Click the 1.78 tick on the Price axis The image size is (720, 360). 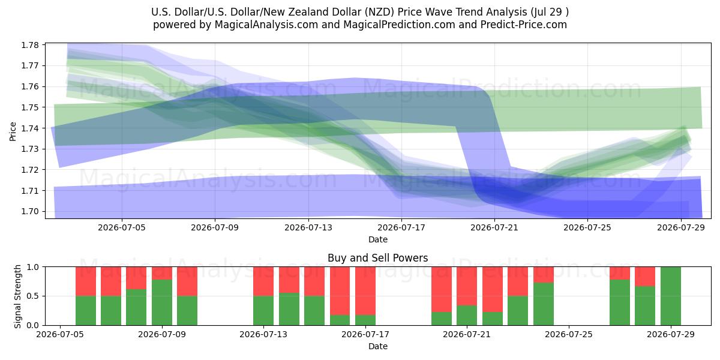pos(30,45)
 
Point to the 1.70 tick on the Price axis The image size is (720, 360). pos(30,211)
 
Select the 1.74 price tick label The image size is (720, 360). pos(30,128)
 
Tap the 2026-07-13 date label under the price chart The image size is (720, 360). pos(308,227)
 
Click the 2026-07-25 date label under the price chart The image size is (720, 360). pos(587,227)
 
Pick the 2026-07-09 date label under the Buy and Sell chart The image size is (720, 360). pos(162,335)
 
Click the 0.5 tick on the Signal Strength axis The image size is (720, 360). pos(33,296)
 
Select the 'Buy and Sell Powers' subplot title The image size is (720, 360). pos(377,258)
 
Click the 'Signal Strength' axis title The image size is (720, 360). pos(17,296)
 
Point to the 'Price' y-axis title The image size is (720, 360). pos(13,131)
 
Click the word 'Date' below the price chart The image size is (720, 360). pos(378,239)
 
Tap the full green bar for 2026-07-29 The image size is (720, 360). pos(671,296)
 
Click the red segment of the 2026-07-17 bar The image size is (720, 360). pos(365,291)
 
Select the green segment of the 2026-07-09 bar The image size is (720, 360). pos(162,302)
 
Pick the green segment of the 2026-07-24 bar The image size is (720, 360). pos(544,304)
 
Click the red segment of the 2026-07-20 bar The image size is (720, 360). pos(442,290)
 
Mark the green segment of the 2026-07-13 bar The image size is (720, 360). pos(263,311)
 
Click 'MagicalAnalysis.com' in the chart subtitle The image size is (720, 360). pos(266,25)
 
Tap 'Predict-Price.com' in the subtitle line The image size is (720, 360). pos(524,25)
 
